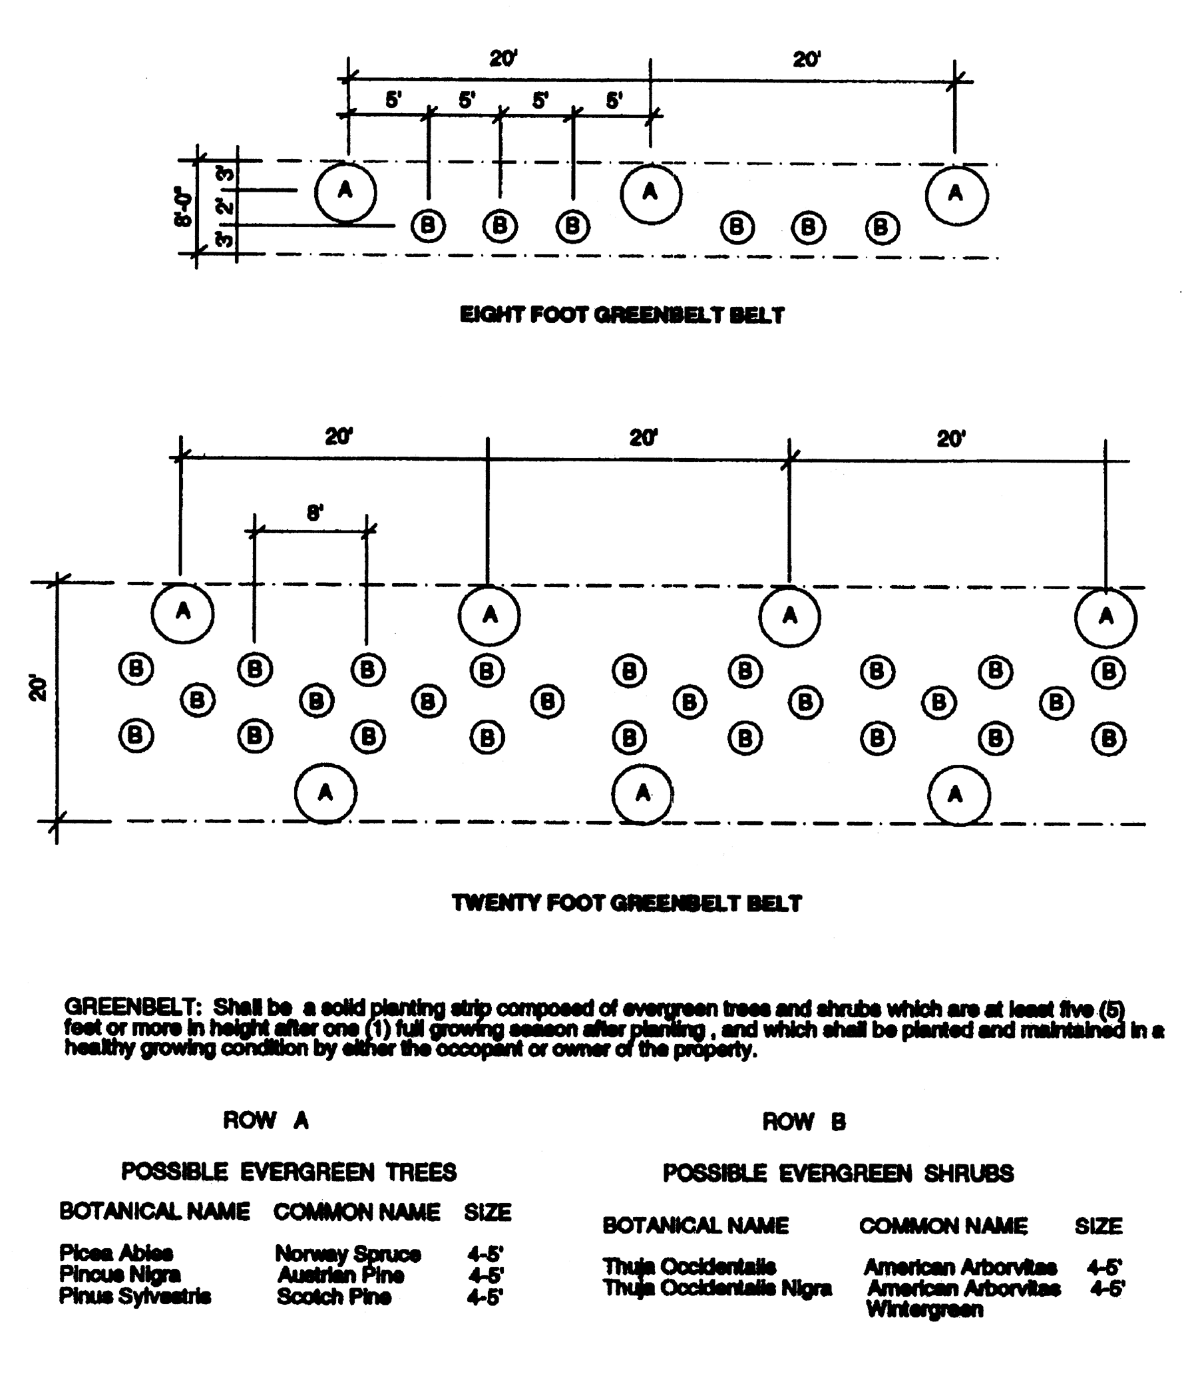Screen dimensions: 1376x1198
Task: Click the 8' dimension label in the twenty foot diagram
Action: tap(315, 513)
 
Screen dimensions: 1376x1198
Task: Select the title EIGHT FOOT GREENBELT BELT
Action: tap(622, 315)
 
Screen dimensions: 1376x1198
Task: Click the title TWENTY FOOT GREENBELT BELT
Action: tap(626, 903)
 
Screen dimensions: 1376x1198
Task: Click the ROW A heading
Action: tap(266, 1120)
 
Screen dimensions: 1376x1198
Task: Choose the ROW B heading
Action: tap(803, 1122)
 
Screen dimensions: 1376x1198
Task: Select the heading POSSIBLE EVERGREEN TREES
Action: tap(289, 1172)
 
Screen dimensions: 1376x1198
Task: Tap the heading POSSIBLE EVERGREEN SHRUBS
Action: tap(839, 1174)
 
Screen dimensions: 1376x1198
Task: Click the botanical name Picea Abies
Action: tap(116, 1253)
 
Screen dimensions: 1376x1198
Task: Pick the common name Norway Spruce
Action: tap(347, 1254)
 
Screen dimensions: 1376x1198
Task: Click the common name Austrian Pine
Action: tap(340, 1275)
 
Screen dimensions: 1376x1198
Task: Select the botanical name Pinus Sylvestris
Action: tap(135, 1296)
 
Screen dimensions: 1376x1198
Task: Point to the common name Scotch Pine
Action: tap(333, 1297)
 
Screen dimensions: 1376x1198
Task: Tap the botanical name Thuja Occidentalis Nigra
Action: tap(717, 1288)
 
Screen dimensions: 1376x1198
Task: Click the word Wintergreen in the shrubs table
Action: tap(924, 1309)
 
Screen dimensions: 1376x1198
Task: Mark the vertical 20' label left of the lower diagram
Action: tap(39, 689)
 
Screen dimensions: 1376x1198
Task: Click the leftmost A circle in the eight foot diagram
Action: tap(345, 192)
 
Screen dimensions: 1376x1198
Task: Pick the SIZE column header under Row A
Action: tap(487, 1213)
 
